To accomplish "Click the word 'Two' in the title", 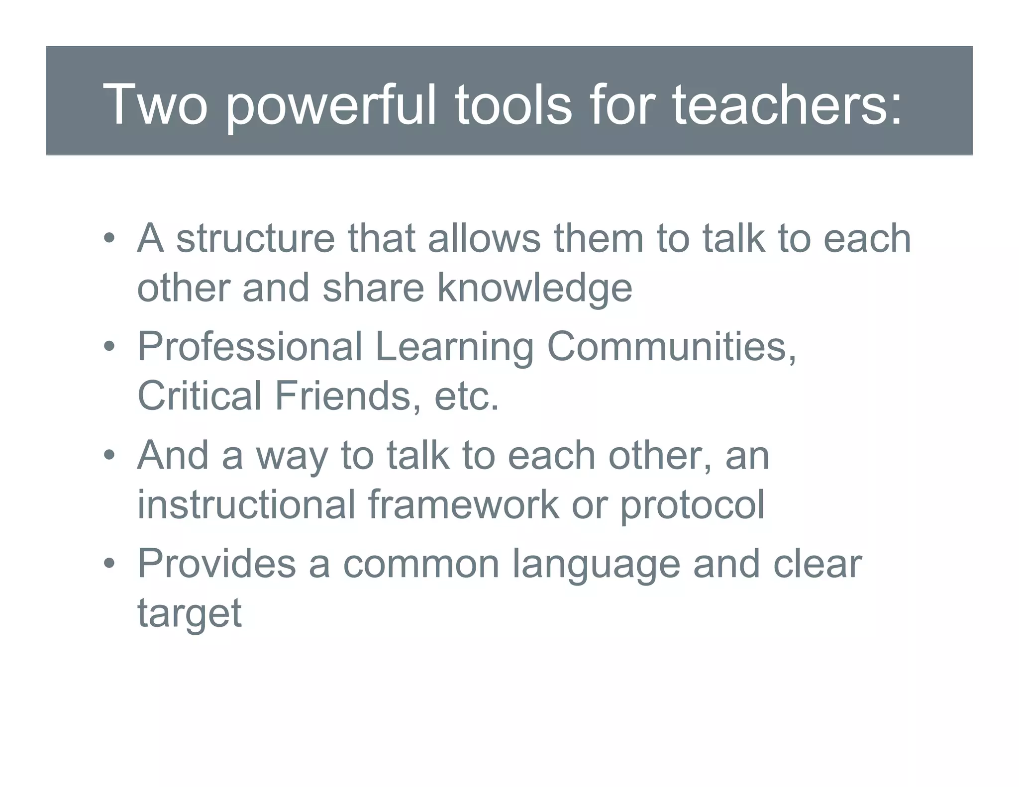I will point(155,104).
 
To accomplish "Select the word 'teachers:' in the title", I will point(787,104).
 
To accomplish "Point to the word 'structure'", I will point(256,238).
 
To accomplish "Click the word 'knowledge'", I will point(535,289).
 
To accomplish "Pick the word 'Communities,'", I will point(672,346).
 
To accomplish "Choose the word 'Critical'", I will point(199,395).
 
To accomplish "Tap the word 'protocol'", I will point(692,505).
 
